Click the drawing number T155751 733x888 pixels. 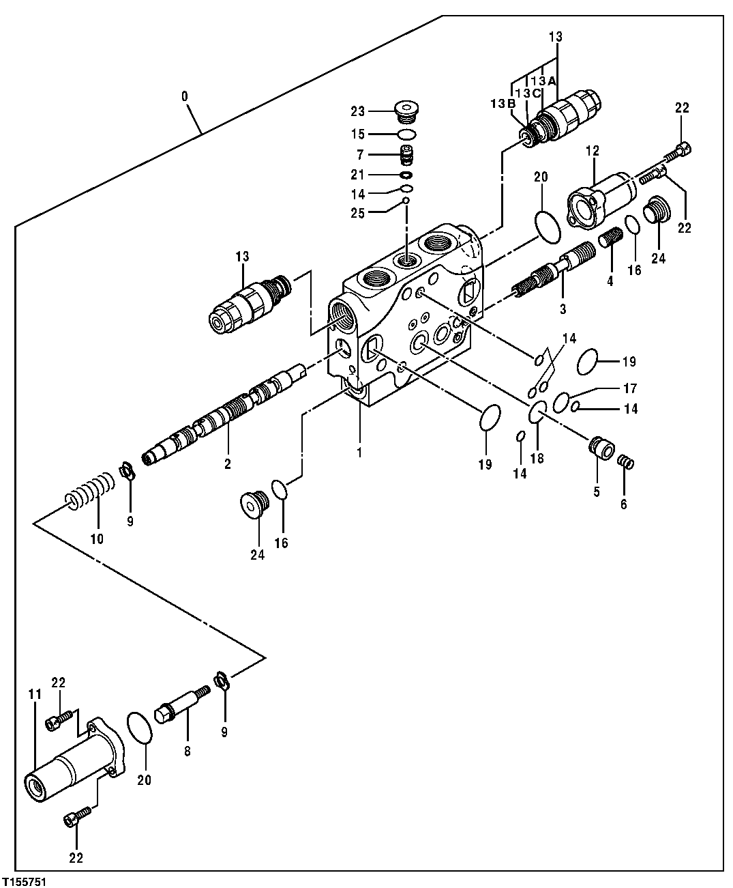pos(25,881)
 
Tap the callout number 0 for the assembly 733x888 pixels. pos(185,96)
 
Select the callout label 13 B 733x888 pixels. pos(502,104)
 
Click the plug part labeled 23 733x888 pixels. pos(407,110)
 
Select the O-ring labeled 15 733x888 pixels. pos(407,134)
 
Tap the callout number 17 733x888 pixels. pos(629,388)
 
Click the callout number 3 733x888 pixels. pos(563,309)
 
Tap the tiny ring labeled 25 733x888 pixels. pos(406,201)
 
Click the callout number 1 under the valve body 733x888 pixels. pos(359,452)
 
